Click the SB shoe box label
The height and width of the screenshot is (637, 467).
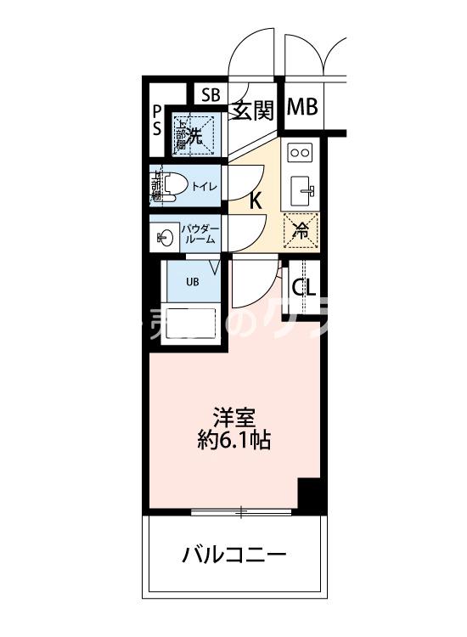(210, 94)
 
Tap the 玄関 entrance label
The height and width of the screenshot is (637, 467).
(253, 110)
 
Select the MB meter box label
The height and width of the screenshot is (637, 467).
(301, 108)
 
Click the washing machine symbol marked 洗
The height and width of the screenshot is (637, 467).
(194, 133)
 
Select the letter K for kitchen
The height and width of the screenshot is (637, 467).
(254, 201)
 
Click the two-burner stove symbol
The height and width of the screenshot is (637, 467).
(301, 152)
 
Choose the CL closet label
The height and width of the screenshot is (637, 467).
(303, 287)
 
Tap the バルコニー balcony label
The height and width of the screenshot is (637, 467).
(233, 556)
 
